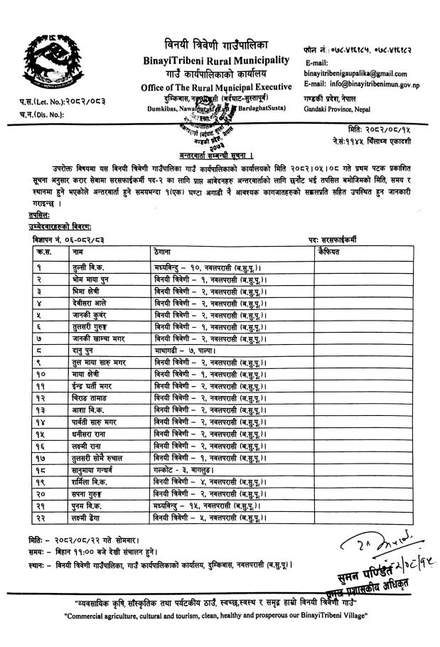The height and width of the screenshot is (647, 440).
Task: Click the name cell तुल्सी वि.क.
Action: click(x=67, y=264)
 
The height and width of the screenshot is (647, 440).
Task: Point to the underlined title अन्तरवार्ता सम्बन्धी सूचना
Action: click(x=221, y=155)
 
